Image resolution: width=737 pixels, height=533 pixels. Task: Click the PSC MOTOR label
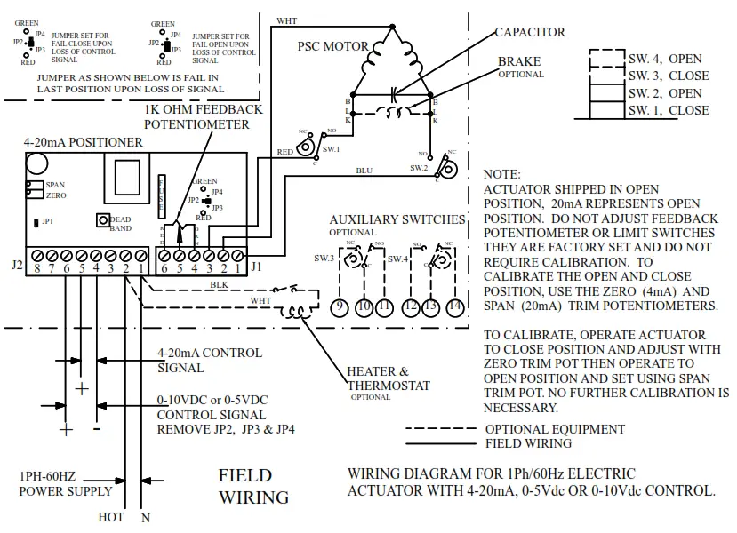[x=332, y=45]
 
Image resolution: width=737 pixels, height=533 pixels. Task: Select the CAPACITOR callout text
[x=530, y=32]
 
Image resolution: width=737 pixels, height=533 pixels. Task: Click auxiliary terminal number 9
[x=339, y=306]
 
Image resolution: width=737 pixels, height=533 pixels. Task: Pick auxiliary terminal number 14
[x=455, y=306]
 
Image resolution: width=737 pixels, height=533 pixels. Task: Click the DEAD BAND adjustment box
[x=103, y=219]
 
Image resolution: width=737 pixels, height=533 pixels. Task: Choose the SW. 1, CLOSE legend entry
[x=669, y=110]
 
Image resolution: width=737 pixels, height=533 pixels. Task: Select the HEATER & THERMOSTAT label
[x=389, y=378]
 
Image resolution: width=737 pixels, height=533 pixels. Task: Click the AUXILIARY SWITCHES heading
[x=397, y=219]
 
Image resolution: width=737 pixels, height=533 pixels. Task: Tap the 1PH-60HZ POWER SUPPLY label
[x=65, y=483]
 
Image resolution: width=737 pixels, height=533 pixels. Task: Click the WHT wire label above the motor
[x=287, y=20]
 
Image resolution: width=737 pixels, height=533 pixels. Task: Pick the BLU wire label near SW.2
[x=364, y=169]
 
